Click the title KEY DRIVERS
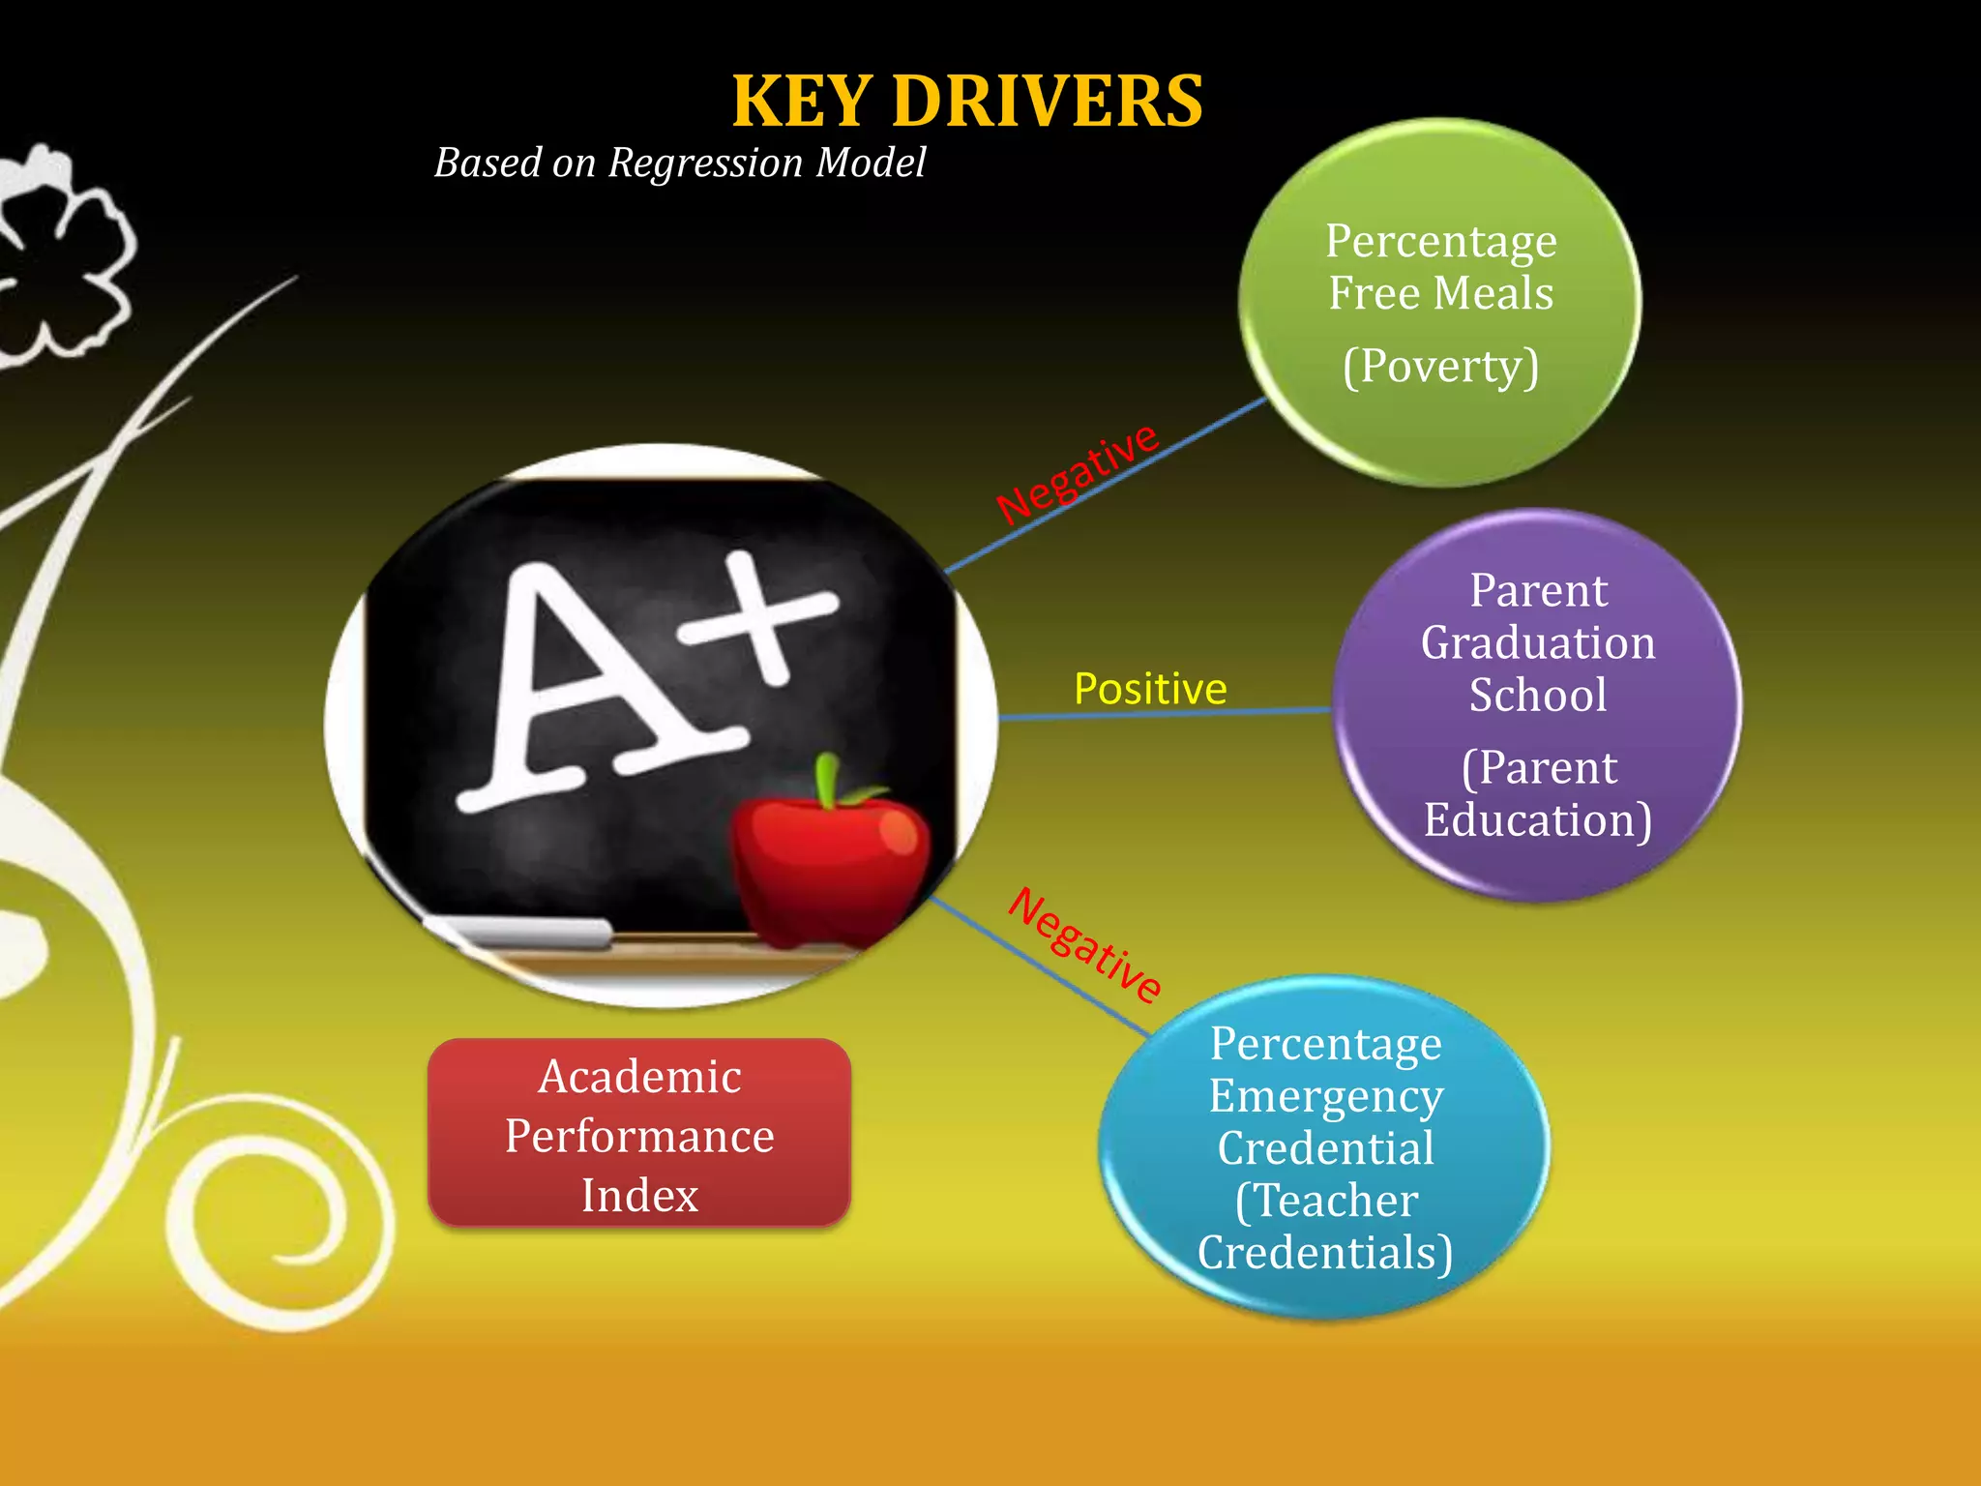(x=967, y=102)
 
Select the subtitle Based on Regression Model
(x=679, y=163)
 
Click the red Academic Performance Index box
(x=639, y=1134)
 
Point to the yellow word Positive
(x=1150, y=689)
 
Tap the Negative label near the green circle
(x=1077, y=473)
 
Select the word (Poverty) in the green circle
(x=1440, y=366)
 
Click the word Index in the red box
(x=639, y=1196)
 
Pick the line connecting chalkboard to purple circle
(x=1161, y=714)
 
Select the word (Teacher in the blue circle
(x=1326, y=1201)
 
